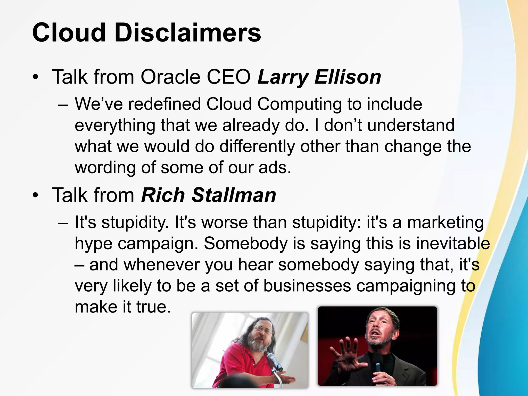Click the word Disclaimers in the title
tap(188, 33)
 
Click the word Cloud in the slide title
tap(69, 33)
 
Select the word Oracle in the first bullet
tap(170, 77)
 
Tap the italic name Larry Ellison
tap(319, 77)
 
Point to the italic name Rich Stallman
tap(209, 195)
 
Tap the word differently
tap(257, 146)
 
